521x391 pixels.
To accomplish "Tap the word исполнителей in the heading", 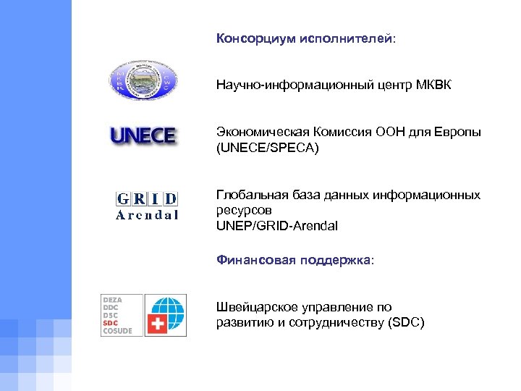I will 344,38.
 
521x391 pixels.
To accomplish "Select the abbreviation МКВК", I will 434,86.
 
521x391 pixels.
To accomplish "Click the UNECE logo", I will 143,136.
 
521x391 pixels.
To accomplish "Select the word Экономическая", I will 263,133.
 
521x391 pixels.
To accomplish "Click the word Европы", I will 458,133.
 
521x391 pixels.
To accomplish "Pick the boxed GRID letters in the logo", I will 147,199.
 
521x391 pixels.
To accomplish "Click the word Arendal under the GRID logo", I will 147,215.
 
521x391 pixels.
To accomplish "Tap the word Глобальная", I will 250,195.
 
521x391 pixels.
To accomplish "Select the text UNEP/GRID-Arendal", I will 276,226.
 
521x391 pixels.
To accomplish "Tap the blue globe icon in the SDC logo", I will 166,306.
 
